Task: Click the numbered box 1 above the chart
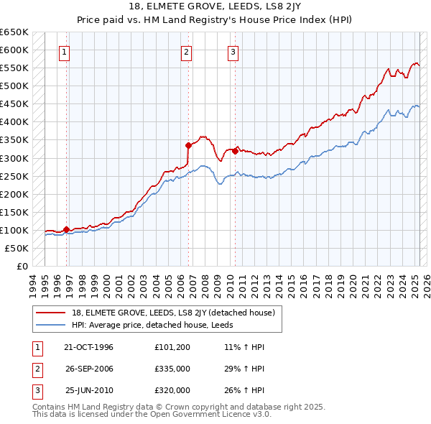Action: pyautogui.click(x=65, y=51)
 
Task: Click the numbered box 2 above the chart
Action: pyautogui.click(x=186, y=51)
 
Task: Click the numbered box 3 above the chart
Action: pyautogui.click(x=233, y=51)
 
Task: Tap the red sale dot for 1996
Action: pyautogui.click(x=66, y=229)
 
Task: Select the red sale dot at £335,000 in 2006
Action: pyautogui.click(x=188, y=144)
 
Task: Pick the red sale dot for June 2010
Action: pyautogui.click(x=235, y=151)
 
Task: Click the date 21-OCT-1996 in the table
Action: pyautogui.click(x=89, y=347)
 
